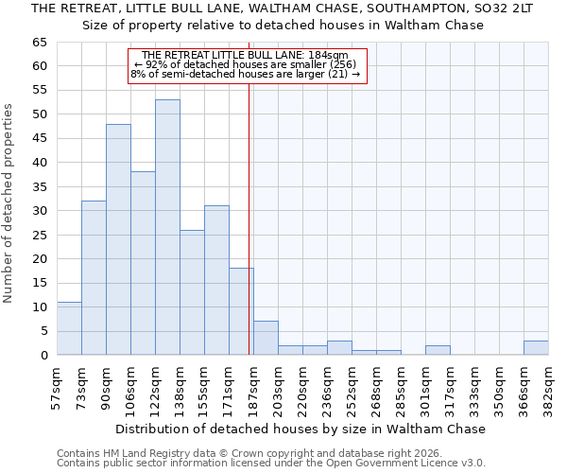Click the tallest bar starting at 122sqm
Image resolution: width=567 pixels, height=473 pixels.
coord(167,227)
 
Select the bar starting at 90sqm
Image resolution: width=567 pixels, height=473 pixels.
coord(118,239)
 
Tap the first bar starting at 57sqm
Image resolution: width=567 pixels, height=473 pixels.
coord(69,328)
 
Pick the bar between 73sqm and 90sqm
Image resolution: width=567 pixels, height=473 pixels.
coord(94,278)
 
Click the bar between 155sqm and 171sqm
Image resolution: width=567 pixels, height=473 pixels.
coord(216,280)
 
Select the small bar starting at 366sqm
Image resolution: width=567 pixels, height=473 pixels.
coord(536,348)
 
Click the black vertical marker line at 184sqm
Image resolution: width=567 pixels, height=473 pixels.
coord(249,218)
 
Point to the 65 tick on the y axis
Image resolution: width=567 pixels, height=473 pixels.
coord(39,43)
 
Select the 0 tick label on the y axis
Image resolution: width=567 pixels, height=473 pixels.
coord(43,356)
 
